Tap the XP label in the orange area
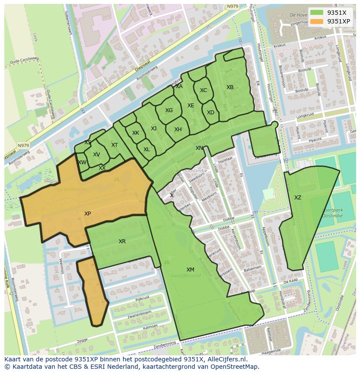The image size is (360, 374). [87, 214]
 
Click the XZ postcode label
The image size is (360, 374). [297, 198]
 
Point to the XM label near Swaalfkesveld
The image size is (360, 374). [190, 270]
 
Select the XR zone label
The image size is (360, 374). [122, 241]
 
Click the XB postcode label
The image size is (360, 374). [230, 87]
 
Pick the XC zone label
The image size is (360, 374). [203, 90]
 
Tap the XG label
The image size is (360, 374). [169, 110]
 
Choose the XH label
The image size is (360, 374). [178, 129]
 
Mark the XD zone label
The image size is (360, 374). [210, 113]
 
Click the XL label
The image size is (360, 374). [147, 149]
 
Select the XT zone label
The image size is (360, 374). [114, 145]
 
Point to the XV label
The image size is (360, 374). [96, 155]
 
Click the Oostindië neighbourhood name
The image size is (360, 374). [196, 171]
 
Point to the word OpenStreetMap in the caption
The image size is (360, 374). [235, 367]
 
